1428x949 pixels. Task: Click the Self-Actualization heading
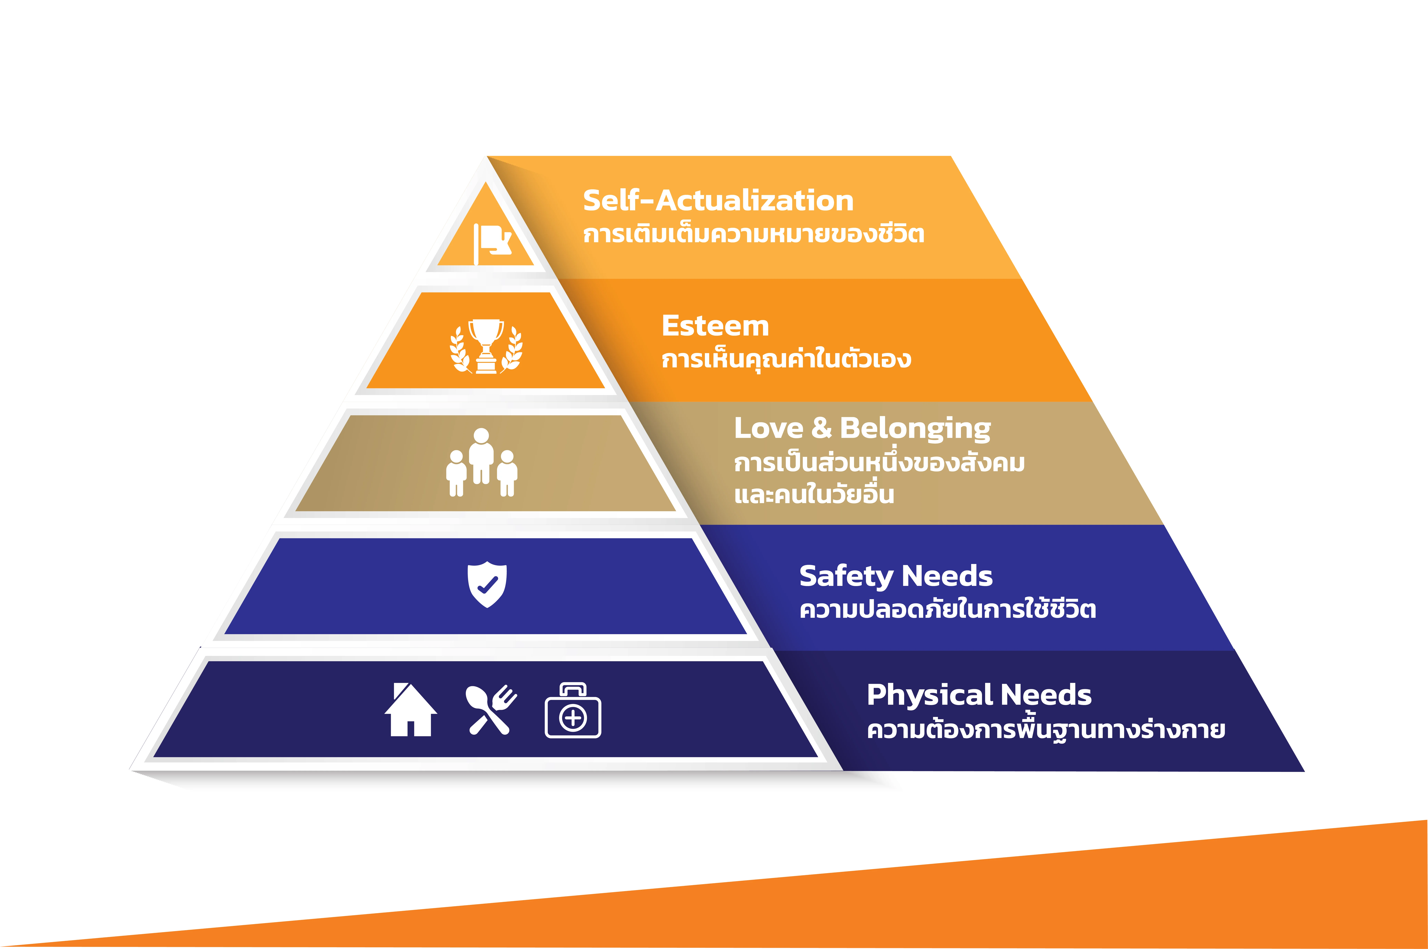click(x=718, y=200)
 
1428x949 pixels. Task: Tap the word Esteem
click(x=715, y=326)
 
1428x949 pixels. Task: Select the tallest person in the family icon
click(x=481, y=456)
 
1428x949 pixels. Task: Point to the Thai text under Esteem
click(x=786, y=358)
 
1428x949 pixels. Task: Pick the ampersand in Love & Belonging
click(x=821, y=428)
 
